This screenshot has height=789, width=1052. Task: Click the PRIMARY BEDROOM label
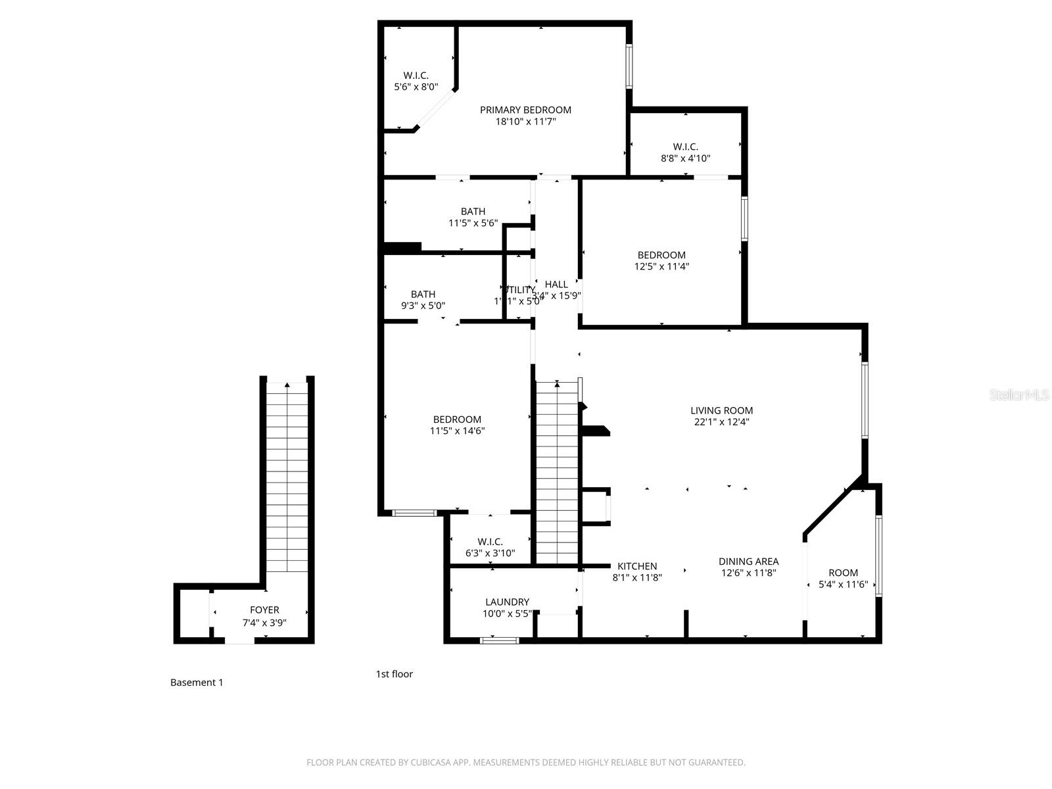pos(525,110)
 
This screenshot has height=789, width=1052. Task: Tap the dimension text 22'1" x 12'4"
pos(721,422)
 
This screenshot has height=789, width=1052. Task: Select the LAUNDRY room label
pos(507,602)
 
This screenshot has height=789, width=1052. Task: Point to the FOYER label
pos(264,610)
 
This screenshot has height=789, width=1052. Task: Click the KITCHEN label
pos(637,566)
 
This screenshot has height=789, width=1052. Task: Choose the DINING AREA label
pos(748,562)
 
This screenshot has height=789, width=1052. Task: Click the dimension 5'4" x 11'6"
pos(843,584)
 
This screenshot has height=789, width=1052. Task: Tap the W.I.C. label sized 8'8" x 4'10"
pos(685,147)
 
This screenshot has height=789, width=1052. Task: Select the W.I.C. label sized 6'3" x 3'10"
pos(490,542)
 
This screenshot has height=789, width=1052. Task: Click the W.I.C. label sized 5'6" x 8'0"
pos(416,76)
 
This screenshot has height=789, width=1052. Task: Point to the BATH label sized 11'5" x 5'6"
pos(473,212)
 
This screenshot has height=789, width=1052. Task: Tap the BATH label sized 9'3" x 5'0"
pos(423,295)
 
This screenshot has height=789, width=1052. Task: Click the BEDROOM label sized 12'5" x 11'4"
pos(661,255)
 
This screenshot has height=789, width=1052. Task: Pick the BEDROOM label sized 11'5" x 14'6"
pos(457,419)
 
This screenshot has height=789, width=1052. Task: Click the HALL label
pos(556,284)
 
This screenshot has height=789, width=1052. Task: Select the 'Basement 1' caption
pos(197,682)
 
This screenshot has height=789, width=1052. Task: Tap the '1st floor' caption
pos(394,674)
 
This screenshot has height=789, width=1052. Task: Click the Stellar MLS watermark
pos(1019,394)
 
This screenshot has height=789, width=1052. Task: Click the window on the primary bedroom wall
pos(629,66)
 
